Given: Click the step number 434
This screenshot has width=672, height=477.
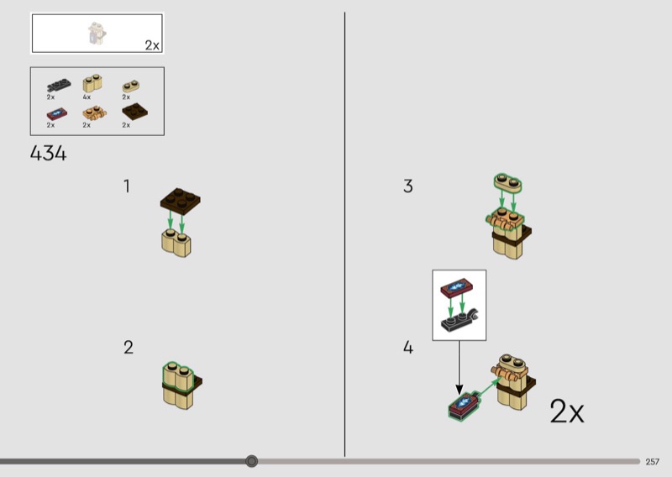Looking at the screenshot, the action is pos(49,153).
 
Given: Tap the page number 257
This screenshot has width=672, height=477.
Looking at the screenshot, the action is pos(653,462).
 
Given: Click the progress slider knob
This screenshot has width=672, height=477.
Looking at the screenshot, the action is pos(251,461).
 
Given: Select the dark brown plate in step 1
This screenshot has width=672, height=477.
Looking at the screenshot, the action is pos(181,201).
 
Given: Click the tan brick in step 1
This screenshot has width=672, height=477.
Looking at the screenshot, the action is pos(176,244).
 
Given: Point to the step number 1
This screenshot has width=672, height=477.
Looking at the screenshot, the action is pos(127,186).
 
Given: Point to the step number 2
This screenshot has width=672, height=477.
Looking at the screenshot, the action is pos(129,347).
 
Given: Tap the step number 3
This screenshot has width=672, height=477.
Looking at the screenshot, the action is pos(408,186).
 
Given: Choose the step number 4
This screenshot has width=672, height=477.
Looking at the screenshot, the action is pos(408,347).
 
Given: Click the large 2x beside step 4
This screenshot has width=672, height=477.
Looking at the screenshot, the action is pos(566,411).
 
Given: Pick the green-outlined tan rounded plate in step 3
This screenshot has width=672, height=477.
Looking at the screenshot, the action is pos(508,183).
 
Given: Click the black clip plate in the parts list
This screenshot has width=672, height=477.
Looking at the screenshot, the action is pos(59,86).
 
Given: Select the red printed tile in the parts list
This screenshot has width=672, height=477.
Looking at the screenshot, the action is pos(56,113).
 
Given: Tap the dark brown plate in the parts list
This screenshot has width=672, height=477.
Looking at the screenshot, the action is pos(134,112).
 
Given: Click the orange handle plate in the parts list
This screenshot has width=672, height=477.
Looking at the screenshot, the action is pos(94,113).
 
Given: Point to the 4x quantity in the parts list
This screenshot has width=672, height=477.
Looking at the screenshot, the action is pos(87,97).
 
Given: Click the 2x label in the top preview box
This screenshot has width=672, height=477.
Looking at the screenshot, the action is pos(152,45).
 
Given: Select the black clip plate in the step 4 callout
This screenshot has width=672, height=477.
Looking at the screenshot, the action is pos(459,320).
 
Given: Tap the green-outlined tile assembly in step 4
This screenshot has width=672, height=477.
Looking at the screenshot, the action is pos(464,406).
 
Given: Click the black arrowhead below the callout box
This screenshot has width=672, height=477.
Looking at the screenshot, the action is pos(459,390).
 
